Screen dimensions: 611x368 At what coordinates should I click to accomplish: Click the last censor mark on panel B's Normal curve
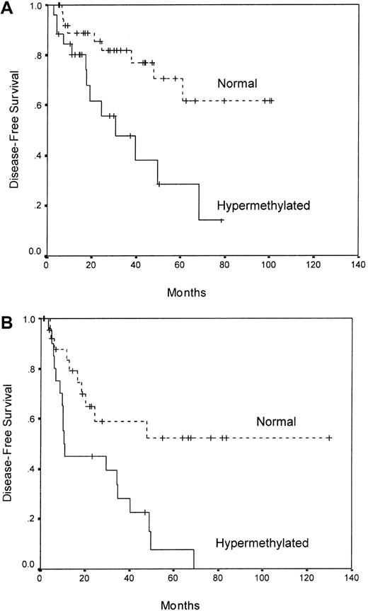click(328, 438)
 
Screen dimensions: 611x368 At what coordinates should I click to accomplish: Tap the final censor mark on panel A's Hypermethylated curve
click(222, 221)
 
